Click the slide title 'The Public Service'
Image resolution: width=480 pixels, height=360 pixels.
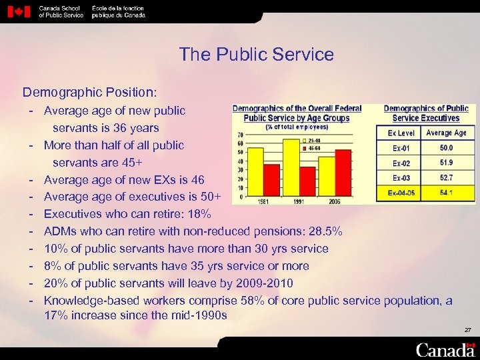(256, 55)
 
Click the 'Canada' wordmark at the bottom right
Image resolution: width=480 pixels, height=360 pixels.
(445, 349)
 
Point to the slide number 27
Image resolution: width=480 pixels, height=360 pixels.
(467, 330)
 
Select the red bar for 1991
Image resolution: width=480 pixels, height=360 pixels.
(308, 181)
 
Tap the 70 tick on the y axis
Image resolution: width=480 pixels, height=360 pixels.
(239, 135)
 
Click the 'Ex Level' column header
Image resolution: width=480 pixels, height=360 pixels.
(401, 133)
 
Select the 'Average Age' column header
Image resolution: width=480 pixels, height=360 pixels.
(446, 133)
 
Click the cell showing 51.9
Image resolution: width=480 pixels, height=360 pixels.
(446, 163)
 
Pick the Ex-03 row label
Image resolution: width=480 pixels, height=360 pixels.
(401, 178)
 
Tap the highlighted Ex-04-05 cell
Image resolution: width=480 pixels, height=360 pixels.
(401, 193)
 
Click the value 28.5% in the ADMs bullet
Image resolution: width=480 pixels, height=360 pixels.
(327, 232)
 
